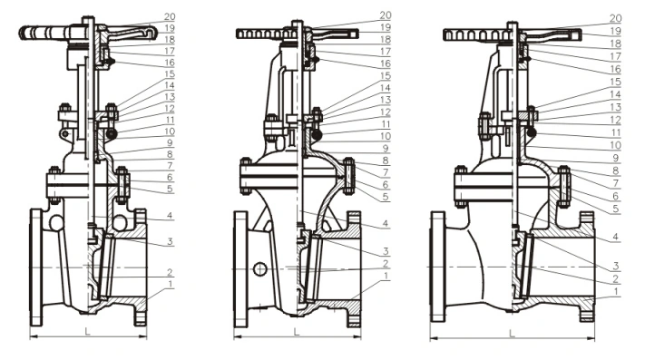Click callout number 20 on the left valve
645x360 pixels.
(170, 16)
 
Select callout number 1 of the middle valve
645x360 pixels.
(386, 276)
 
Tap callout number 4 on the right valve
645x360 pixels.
(616, 237)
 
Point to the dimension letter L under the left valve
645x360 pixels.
(87, 331)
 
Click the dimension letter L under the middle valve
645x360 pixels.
(297, 332)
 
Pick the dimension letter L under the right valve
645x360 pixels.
(513, 334)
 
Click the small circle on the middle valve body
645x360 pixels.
(260, 269)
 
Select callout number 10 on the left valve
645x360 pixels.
(170, 131)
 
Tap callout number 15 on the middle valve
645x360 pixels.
(386, 76)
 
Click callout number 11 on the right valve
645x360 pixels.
(616, 132)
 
